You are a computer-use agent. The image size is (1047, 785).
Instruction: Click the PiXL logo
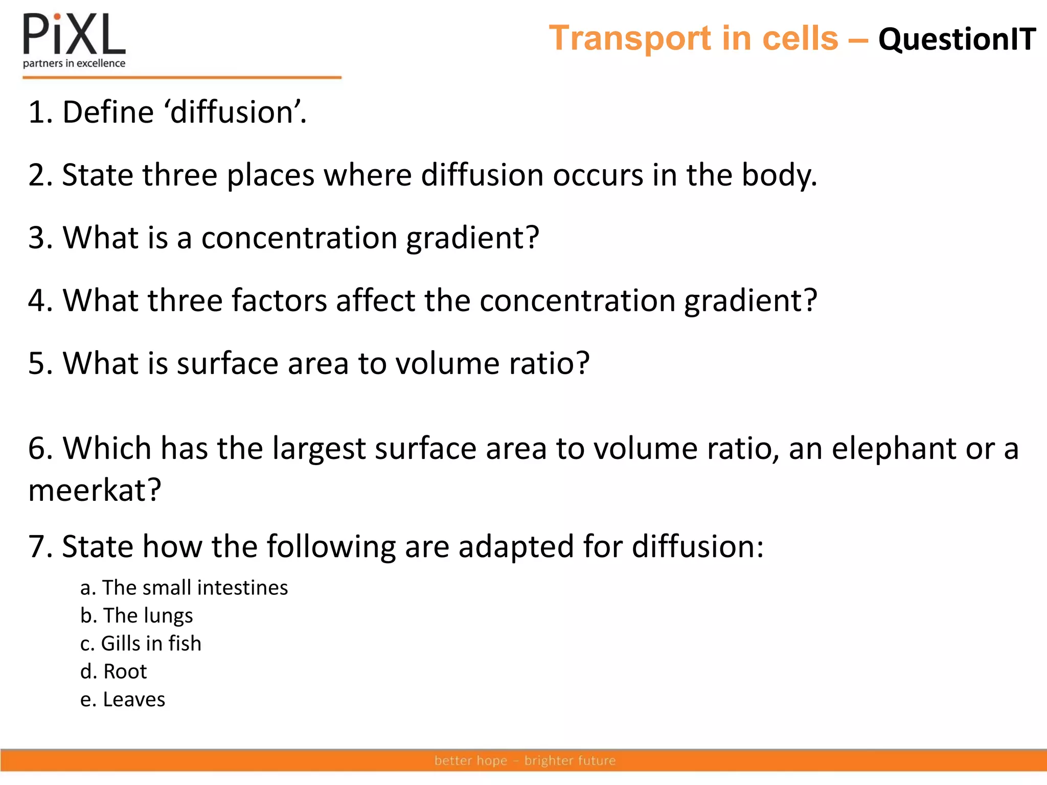coord(74,35)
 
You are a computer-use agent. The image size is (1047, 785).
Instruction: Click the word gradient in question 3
coord(472,238)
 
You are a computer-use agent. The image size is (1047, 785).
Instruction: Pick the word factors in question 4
coord(279,301)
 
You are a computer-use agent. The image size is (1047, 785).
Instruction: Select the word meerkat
coord(95,491)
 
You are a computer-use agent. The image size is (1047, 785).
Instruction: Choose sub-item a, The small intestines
coord(184,588)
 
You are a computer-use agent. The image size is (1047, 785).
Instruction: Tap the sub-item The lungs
coord(136,616)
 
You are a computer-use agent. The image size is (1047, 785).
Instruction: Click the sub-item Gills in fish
coord(141,644)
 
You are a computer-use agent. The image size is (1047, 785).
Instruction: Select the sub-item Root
coord(113,672)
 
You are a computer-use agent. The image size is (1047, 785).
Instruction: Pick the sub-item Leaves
coord(123,700)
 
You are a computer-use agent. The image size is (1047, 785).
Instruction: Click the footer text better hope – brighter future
coord(525,760)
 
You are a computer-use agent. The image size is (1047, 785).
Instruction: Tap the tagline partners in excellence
coord(74,63)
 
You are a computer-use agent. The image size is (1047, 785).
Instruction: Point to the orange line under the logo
coord(181,78)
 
